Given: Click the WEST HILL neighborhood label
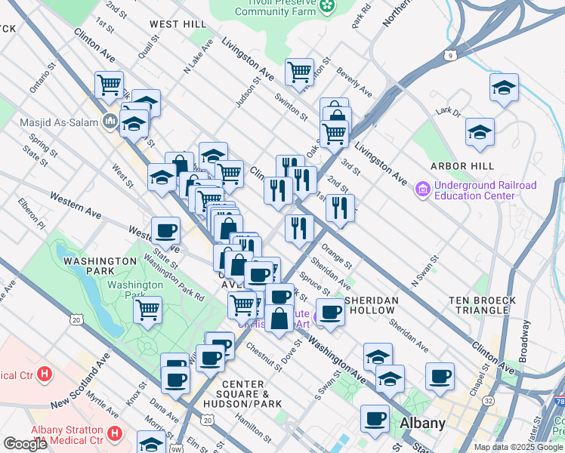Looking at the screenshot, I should click(178, 24).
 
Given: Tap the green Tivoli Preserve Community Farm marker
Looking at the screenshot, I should click(327, 7).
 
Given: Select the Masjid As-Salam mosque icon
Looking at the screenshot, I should click(110, 121).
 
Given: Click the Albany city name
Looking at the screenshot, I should click(423, 423).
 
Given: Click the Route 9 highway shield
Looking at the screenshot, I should click(451, 55).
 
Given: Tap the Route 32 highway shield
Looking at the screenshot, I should click(489, 421).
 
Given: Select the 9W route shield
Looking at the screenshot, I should click(174, 448).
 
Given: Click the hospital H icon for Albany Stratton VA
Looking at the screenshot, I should click(114, 433).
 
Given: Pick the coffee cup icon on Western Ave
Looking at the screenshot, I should click(165, 230).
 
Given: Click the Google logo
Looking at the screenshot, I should click(25, 443).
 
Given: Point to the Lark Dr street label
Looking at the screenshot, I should click(448, 112).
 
